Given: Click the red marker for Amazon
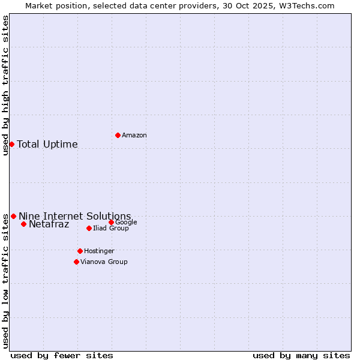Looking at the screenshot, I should (x=118, y=135).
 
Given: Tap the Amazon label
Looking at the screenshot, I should (x=134, y=136).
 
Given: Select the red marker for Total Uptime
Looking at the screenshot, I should (x=11, y=144).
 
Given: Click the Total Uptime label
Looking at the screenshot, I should (x=47, y=145).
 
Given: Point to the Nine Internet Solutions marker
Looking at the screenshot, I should (x=13, y=216).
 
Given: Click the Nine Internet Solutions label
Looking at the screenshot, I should (x=75, y=217).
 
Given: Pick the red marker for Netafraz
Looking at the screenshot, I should (x=23, y=224).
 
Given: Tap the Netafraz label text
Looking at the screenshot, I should (x=49, y=225).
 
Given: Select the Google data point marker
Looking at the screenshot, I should (x=111, y=222).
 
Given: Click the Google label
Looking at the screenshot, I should (x=126, y=223).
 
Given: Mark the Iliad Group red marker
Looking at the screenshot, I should (x=89, y=228).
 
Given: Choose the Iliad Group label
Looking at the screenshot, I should (x=111, y=229).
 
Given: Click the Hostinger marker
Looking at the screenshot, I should (x=80, y=251).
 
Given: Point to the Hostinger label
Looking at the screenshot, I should (x=99, y=251).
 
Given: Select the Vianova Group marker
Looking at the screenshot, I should (x=76, y=262).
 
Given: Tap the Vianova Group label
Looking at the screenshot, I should (x=104, y=262).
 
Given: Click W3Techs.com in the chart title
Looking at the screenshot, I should (x=310, y=6).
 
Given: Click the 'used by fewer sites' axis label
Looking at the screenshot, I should (x=62, y=356).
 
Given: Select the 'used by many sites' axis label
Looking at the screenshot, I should (x=301, y=356).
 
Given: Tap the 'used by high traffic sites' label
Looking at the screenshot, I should (x=6, y=85).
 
